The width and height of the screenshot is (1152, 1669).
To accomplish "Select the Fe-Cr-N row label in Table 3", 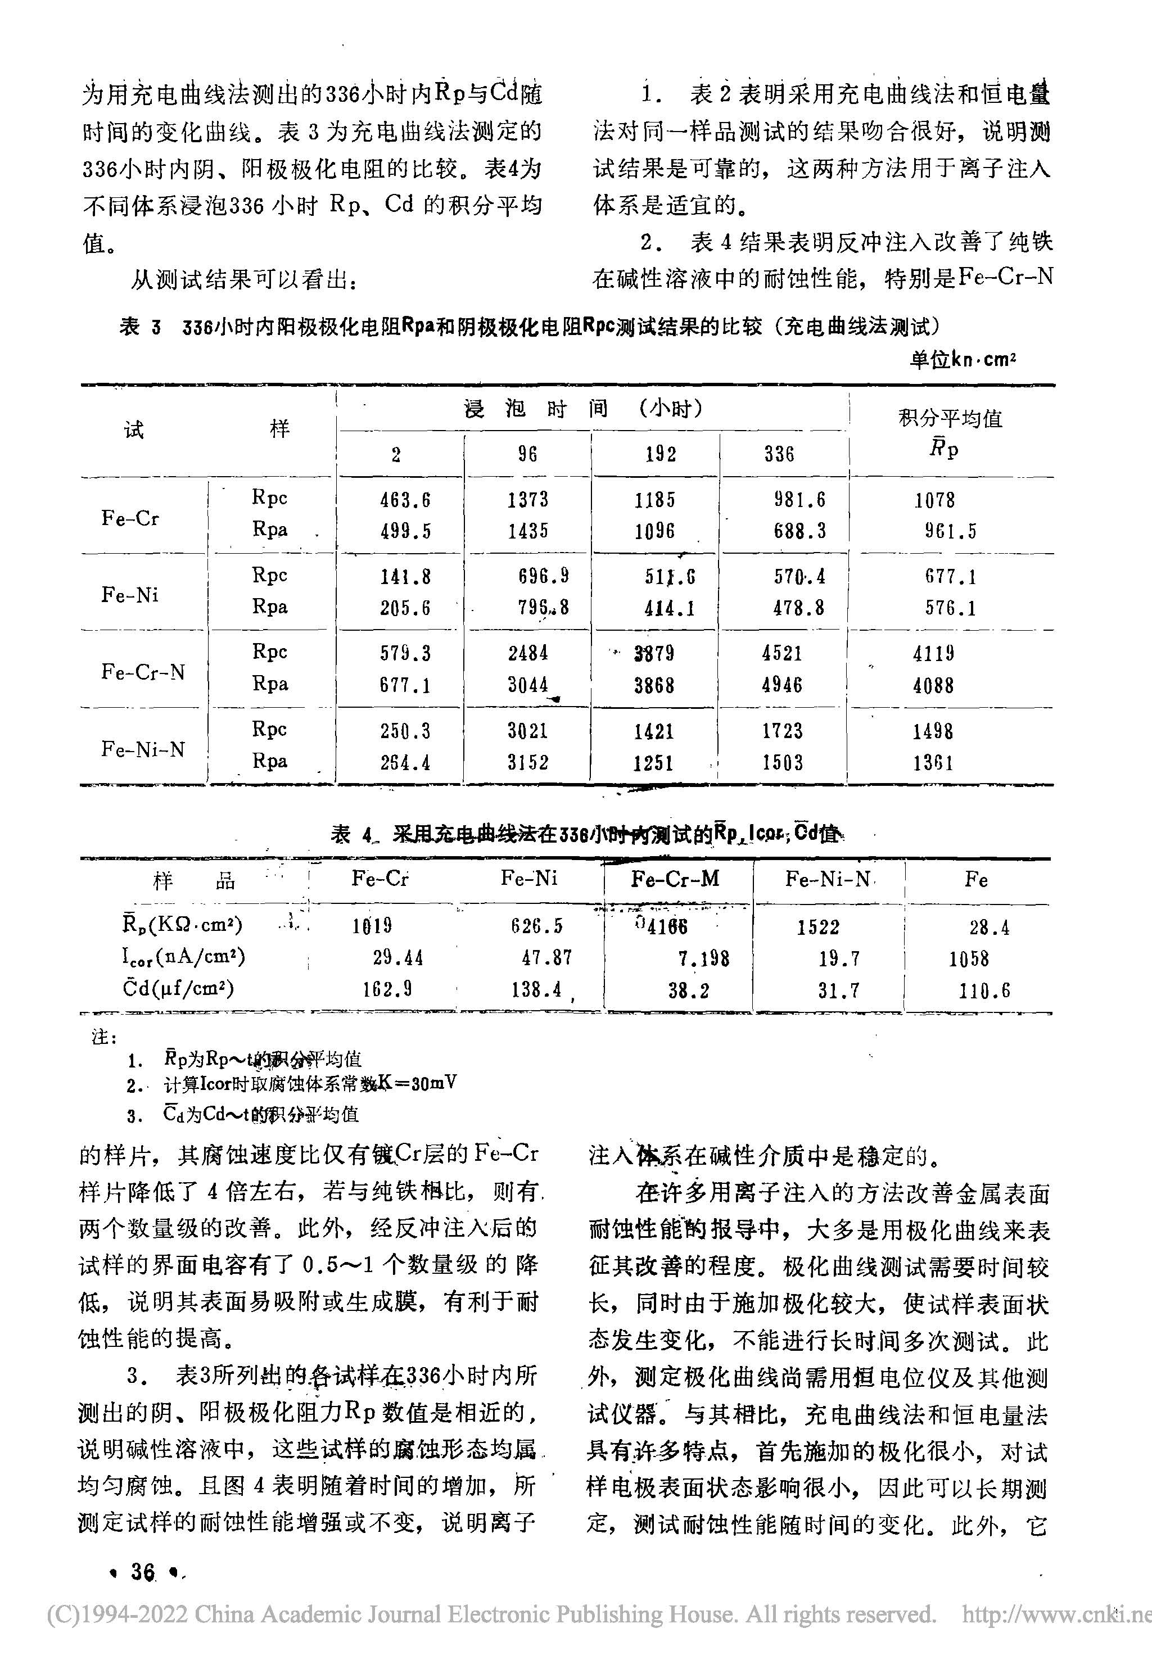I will click(x=143, y=672).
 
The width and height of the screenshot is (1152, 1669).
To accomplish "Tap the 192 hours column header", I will click(x=661, y=454).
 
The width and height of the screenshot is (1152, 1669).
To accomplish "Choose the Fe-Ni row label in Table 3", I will click(x=130, y=595).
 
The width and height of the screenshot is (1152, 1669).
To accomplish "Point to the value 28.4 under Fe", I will click(x=989, y=927).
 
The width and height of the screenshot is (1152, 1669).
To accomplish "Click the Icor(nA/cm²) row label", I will click(x=183, y=957).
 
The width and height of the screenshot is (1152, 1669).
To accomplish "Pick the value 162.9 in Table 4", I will click(x=387, y=989).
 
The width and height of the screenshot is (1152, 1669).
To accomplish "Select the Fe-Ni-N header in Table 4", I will click(x=827, y=879).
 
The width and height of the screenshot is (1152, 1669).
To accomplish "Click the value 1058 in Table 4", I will click(x=969, y=958).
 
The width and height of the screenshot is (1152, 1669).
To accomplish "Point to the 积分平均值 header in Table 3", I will click(x=950, y=418).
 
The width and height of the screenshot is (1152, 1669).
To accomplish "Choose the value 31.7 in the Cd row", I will click(x=838, y=990).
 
